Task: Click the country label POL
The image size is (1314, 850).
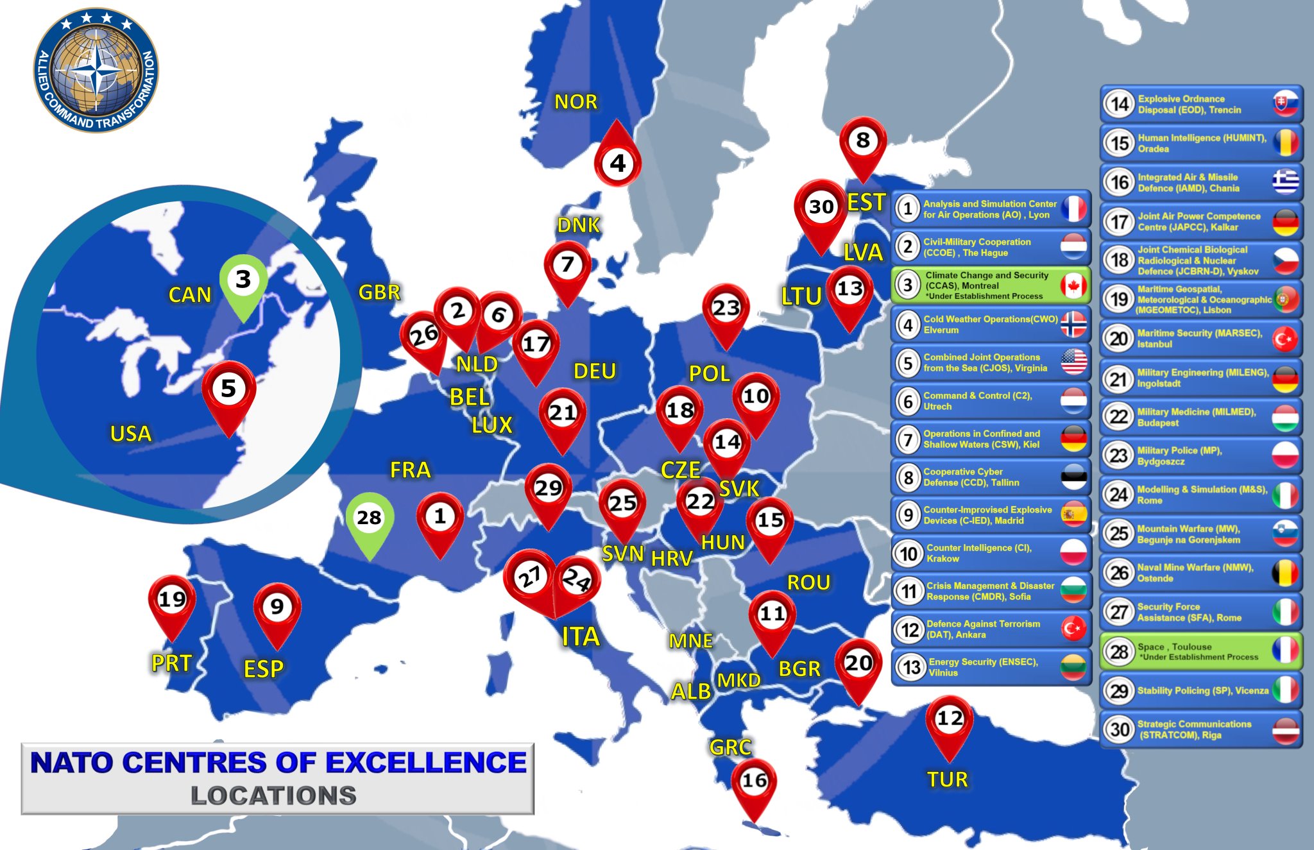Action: [709, 373]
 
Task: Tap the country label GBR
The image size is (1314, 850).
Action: [379, 293]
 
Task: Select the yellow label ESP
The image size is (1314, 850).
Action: [264, 669]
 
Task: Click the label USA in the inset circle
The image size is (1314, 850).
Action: [131, 434]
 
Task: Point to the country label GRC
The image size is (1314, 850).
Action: [730, 747]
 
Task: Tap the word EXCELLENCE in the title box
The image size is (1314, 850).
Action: [425, 763]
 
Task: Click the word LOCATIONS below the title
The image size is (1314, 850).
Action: [273, 796]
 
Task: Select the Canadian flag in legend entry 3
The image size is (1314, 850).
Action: [1073, 285]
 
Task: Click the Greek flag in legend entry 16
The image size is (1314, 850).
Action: [1286, 182]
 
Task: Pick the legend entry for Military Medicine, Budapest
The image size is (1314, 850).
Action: [1200, 417]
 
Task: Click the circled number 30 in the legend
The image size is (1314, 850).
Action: [1120, 729]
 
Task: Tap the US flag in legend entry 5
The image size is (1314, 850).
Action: [1073, 362]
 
